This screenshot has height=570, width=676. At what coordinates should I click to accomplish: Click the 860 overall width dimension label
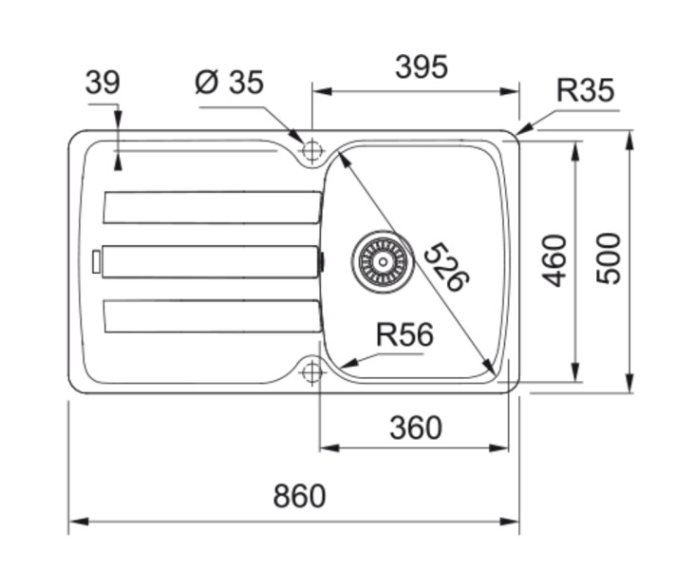coord(299,496)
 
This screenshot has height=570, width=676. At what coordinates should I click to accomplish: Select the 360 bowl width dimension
coord(416,427)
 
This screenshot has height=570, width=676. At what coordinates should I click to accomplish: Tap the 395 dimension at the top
coord(421,67)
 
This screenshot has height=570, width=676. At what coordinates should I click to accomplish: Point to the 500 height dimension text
coord(608,258)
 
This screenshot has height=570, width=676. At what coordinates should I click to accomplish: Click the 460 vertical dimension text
coord(554,260)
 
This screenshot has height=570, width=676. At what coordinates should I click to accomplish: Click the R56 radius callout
coord(404,335)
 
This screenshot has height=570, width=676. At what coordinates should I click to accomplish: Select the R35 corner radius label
coord(585,91)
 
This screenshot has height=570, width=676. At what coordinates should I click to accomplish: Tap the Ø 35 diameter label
coord(229,84)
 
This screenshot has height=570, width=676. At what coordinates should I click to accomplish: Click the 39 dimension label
coord(103,84)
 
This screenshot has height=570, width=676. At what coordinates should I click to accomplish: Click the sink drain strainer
coord(382,259)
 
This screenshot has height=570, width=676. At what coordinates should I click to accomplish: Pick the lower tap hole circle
coord(311,372)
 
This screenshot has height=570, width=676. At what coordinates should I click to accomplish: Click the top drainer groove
coord(212,207)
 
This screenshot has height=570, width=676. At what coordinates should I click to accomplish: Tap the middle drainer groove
coord(211,261)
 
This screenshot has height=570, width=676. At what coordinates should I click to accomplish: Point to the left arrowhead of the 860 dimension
coord(75,521)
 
